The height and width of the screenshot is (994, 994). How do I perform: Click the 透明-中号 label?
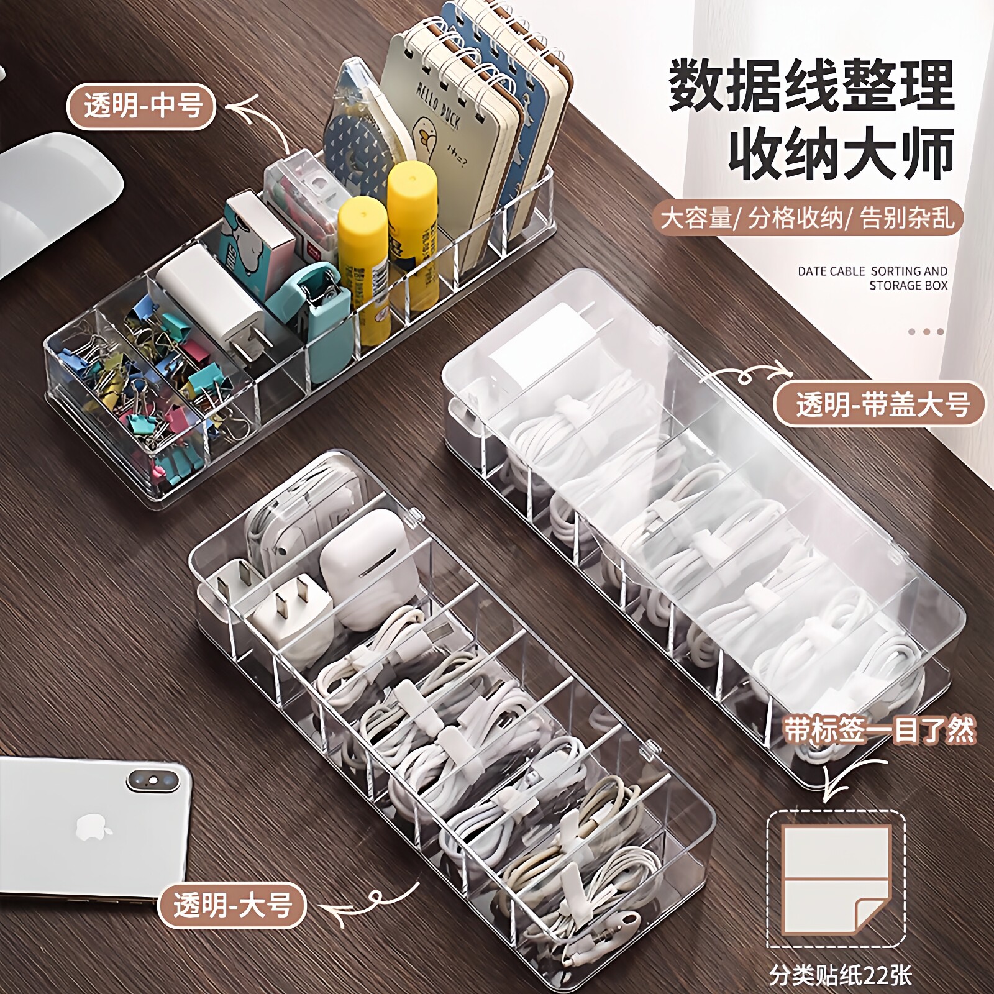142,106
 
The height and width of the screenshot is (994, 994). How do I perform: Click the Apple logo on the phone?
94,829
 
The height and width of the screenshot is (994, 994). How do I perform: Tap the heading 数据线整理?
811,85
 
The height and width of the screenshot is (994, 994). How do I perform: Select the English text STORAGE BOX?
908,286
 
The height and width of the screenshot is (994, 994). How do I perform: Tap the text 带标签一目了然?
879,731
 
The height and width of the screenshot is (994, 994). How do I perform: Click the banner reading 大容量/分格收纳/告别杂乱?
807,218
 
